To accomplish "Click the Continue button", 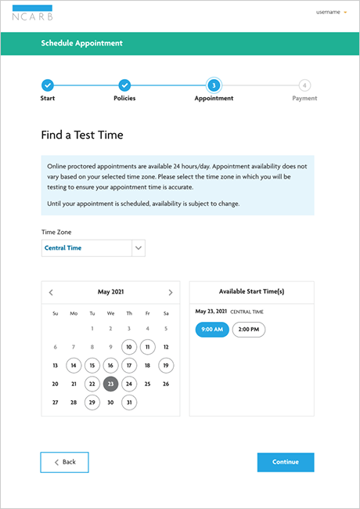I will [285, 462].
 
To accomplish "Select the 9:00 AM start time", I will [212, 330].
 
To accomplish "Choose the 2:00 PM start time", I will [249, 330].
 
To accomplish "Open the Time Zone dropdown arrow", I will [139, 247].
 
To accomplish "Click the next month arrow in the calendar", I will [171, 292].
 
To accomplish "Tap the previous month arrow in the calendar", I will [51, 292].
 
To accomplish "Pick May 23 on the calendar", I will [110, 384].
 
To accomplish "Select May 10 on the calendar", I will [129, 347].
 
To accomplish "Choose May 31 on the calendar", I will [129, 403].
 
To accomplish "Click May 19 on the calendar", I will [166, 365].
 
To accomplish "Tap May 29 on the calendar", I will [92, 403].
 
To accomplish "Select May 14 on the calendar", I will [74, 365].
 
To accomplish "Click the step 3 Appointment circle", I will [213, 85].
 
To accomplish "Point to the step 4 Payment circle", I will [304, 85].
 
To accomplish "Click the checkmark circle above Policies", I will [124, 85].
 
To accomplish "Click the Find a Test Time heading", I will [81, 135].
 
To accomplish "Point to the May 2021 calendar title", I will [110, 292].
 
